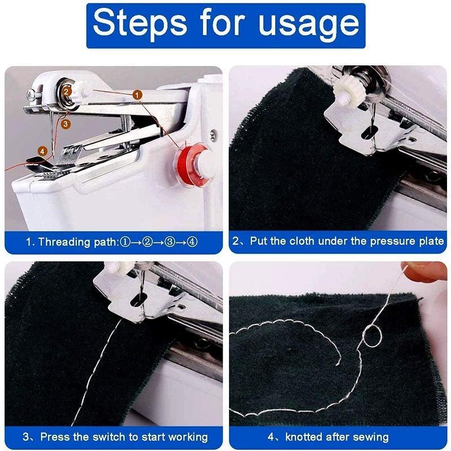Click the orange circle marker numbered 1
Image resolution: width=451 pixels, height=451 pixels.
[x=137, y=96]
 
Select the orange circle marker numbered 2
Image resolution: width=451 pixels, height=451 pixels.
[x=66, y=90]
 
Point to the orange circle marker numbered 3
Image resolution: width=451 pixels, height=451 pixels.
[x=65, y=122]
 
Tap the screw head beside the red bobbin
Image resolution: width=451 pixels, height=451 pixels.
[x=213, y=134]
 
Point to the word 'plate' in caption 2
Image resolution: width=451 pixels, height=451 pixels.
[x=432, y=241]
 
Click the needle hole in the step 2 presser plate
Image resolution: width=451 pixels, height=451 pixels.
[x=368, y=133]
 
